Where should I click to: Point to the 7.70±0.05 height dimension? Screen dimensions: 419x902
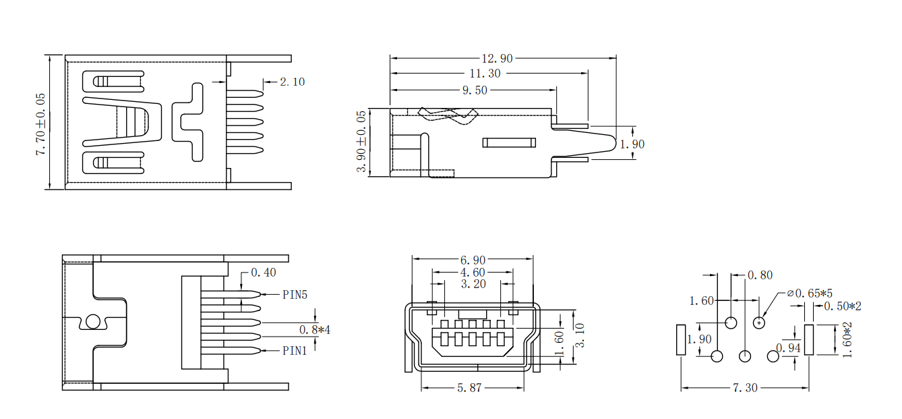click(x=40, y=124)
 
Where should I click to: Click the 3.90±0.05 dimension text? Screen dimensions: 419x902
click(x=362, y=142)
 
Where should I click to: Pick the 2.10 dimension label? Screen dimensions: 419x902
click(x=292, y=82)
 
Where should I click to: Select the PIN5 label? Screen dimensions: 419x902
click(x=295, y=295)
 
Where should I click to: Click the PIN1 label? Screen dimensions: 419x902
click(x=295, y=351)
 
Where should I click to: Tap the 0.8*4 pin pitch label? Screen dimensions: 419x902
click(x=315, y=329)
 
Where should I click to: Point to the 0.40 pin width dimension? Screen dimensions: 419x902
click(x=264, y=273)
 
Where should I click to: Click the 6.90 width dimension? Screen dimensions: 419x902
click(x=473, y=260)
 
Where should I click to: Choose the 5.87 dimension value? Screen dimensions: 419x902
click(x=470, y=389)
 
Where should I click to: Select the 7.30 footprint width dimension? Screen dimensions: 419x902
click(x=745, y=388)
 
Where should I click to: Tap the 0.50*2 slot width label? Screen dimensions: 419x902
click(x=843, y=306)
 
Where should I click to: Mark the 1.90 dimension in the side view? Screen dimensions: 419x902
click(x=632, y=144)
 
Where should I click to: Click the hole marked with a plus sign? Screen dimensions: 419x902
click(x=759, y=323)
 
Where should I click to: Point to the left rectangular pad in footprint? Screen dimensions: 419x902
click(x=681, y=339)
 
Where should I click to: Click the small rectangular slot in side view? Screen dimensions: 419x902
click(x=509, y=142)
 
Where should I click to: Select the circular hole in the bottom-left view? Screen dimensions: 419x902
click(x=93, y=322)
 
